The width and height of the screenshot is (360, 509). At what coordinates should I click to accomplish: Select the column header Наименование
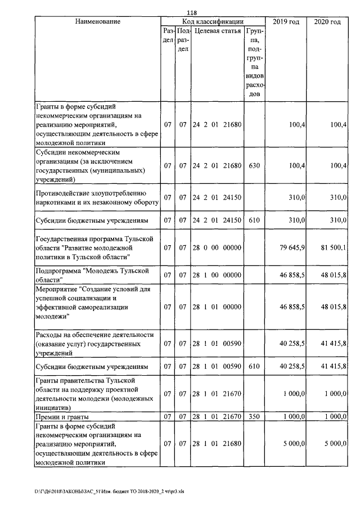[97, 21]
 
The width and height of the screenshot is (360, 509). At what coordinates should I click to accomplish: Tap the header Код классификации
[213, 21]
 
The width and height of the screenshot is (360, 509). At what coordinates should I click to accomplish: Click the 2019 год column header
[286, 21]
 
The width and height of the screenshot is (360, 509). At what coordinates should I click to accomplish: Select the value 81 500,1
[334, 247]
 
